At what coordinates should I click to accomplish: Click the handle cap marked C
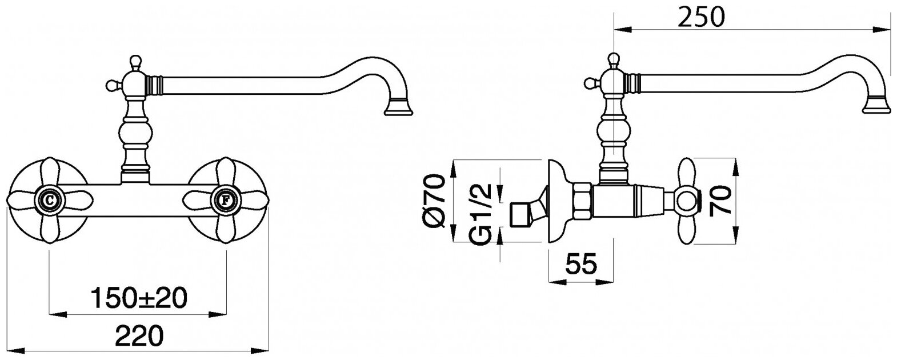(50, 200)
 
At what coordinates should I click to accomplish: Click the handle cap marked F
(226, 200)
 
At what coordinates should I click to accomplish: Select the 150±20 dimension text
(139, 297)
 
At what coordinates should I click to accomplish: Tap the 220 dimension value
(139, 334)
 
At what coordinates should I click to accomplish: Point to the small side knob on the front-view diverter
(110, 86)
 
